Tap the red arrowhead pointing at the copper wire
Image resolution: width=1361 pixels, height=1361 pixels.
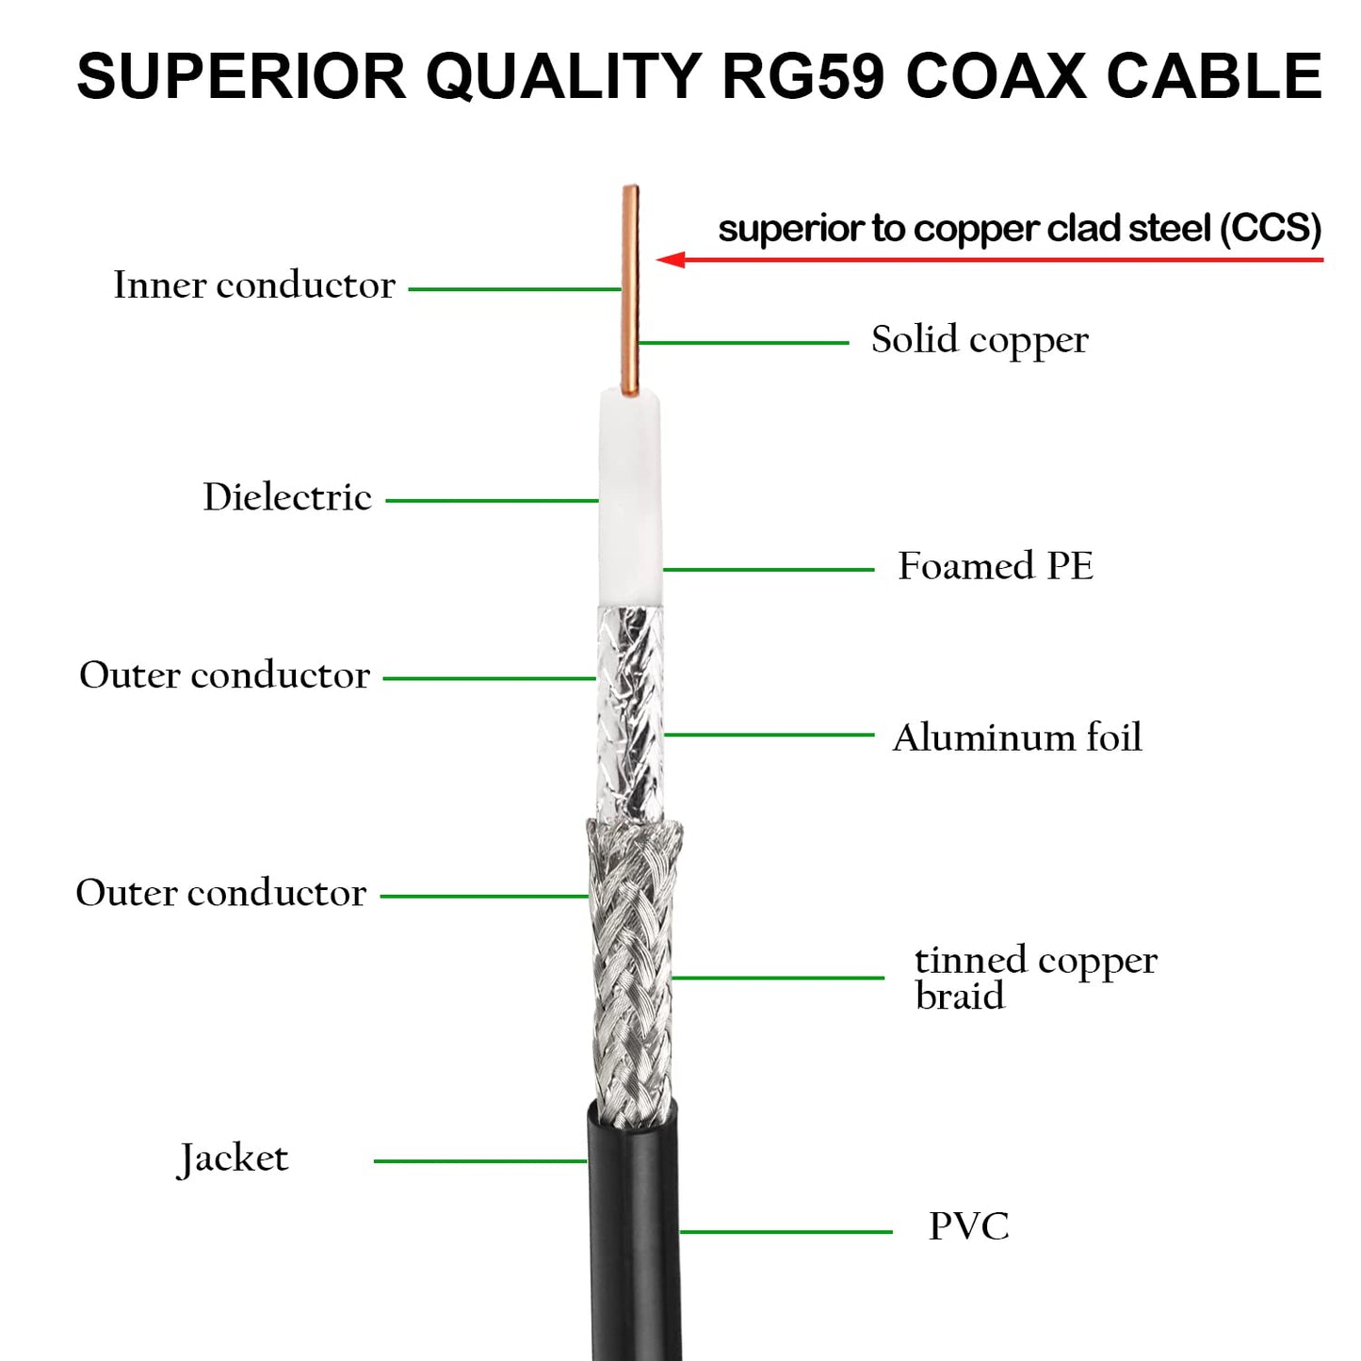(x=670, y=259)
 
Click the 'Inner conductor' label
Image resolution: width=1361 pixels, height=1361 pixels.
(x=254, y=285)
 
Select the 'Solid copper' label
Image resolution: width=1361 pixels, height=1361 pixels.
(x=980, y=340)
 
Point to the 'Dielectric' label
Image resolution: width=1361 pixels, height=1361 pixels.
(x=287, y=497)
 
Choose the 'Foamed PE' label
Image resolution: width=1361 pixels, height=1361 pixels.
(x=996, y=566)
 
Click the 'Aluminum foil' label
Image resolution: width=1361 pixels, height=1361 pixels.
(x=1017, y=737)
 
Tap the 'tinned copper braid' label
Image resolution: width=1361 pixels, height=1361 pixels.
(x=1035, y=978)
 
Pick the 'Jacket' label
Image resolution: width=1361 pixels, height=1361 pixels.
(x=234, y=1158)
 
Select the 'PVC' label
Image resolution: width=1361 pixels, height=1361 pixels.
(x=968, y=1226)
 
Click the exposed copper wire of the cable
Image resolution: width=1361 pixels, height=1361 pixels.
(x=630, y=292)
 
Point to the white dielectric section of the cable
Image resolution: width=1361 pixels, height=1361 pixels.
(x=630, y=499)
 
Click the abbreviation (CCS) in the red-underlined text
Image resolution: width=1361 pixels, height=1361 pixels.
(x=1271, y=229)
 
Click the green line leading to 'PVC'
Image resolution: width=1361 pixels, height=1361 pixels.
(x=786, y=1231)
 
